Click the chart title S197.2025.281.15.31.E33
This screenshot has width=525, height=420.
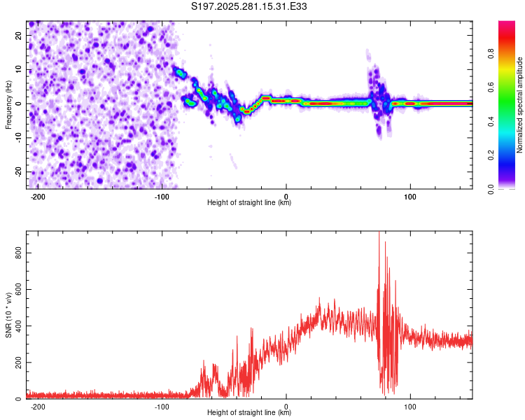click(x=250, y=6)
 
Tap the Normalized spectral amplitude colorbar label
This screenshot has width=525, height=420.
click(x=520, y=104)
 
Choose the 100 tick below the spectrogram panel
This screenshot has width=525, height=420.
click(x=410, y=195)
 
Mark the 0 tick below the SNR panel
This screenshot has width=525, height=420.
click(x=286, y=406)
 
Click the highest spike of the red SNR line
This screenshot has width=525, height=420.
click(x=379, y=233)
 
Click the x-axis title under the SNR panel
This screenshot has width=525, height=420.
click(x=249, y=413)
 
